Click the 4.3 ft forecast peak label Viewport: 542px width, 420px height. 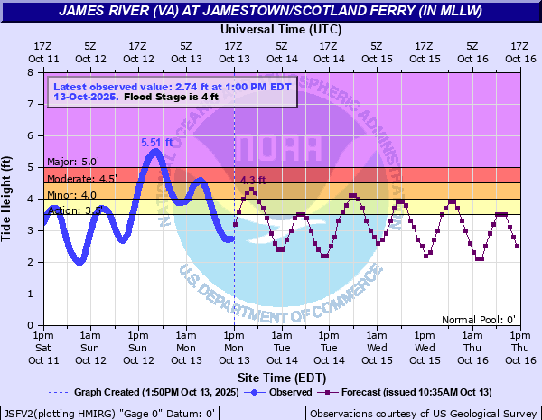253,181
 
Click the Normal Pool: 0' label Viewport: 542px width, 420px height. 478,319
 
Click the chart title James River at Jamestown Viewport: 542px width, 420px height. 271,11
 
